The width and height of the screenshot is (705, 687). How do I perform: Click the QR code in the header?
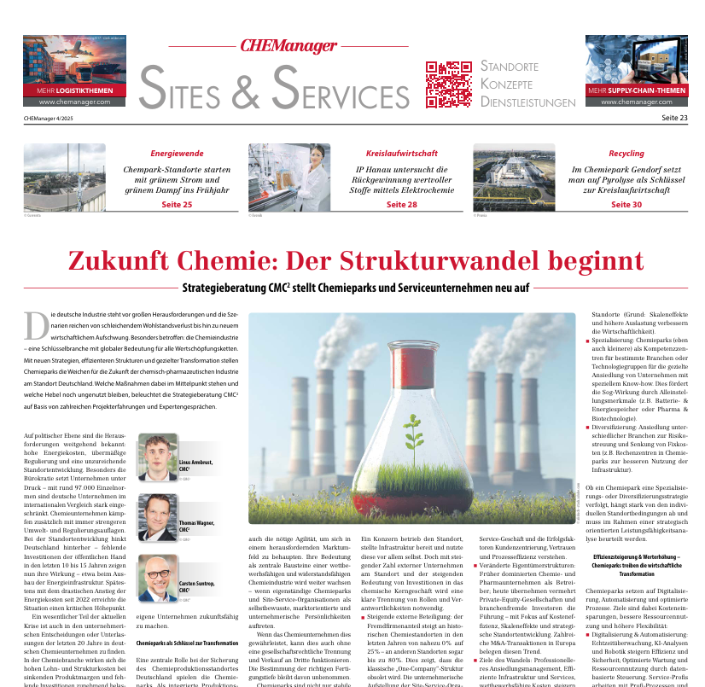point(448,84)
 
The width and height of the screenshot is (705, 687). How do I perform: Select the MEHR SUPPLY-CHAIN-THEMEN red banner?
point(636,90)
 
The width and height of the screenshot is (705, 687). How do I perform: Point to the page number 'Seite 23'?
point(674,119)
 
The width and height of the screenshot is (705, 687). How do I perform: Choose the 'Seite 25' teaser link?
point(177,205)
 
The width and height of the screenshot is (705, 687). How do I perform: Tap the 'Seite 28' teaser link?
point(401,205)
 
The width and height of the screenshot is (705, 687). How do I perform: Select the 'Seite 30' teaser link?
point(626,205)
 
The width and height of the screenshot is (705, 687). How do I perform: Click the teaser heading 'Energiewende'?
point(177,154)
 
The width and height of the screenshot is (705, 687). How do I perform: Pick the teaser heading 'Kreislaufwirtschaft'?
point(401,154)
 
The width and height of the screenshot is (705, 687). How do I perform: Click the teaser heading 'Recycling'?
point(626,154)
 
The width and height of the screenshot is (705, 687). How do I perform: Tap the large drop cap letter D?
point(36,325)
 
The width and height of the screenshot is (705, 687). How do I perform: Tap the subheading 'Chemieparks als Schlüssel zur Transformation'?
point(186,643)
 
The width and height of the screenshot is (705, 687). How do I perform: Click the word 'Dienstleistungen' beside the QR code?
point(527,102)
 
